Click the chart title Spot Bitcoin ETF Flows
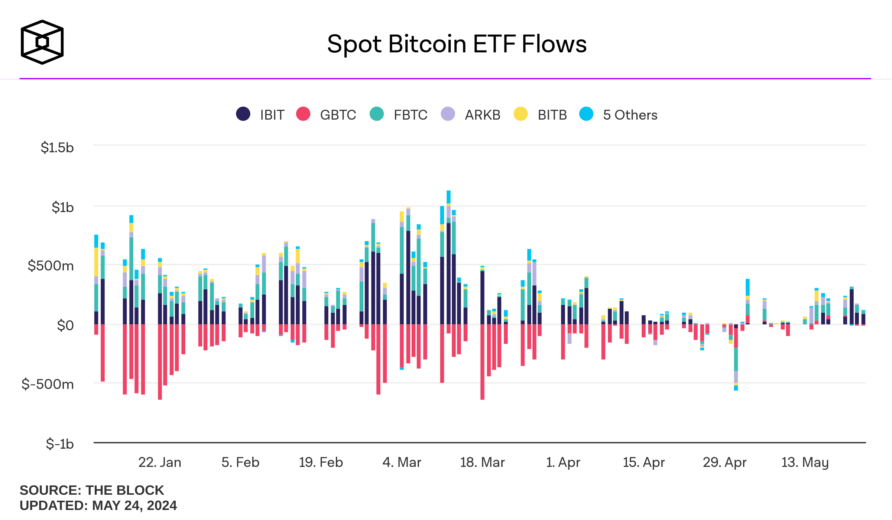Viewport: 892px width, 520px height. [457, 44]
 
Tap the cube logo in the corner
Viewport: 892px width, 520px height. [42, 42]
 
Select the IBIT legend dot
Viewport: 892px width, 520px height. [243, 114]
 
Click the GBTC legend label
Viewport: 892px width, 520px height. [338, 115]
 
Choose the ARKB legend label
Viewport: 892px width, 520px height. [482, 115]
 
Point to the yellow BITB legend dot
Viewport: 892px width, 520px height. [520, 114]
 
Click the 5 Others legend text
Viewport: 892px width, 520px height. [630, 115]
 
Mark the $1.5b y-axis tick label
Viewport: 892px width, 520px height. [57, 148]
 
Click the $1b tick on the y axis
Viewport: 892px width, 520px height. [62, 207]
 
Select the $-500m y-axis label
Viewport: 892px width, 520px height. [48, 384]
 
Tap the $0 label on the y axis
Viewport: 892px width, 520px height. [65, 325]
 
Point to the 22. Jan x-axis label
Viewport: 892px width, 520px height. [160, 462]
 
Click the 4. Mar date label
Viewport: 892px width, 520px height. [402, 462]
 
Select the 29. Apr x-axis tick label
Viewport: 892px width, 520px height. [724, 462]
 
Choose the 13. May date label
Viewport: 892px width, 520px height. [805, 462]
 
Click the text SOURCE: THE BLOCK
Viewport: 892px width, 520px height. [92, 490]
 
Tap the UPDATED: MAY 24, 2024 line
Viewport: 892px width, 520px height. [98, 506]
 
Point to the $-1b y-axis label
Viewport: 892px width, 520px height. [59, 444]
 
